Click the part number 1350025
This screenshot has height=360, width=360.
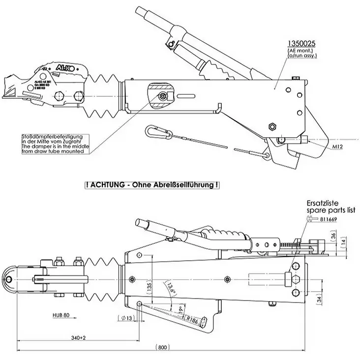coord(301,44)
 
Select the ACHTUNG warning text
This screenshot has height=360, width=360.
coord(152,185)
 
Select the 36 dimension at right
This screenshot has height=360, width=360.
coord(347,237)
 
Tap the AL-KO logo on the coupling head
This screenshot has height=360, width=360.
coord(66,67)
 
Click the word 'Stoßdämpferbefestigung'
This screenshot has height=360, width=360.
coord(56,136)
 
